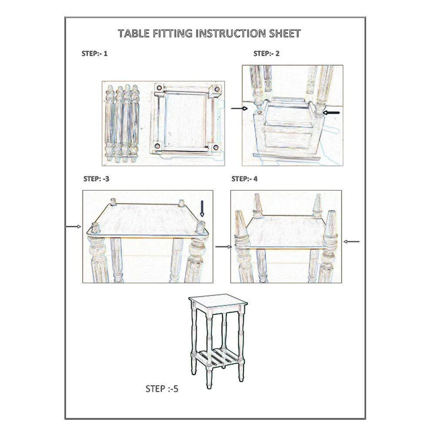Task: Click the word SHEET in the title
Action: (x=285, y=33)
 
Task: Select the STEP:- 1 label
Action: (x=94, y=54)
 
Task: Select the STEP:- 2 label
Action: (x=266, y=54)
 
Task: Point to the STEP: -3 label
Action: (x=96, y=179)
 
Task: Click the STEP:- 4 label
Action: (x=244, y=179)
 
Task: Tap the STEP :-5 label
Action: (x=162, y=389)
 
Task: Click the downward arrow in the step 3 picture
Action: (x=202, y=209)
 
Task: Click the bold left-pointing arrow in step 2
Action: (x=331, y=113)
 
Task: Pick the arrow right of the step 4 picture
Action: (x=351, y=241)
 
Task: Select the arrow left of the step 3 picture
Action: (x=73, y=227)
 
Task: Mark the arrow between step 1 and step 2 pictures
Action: (x=239, y=108)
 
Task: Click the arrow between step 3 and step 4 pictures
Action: (x=223, y=247)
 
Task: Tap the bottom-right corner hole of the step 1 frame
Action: (x=216, y=147)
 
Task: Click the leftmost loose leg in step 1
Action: (x=110, y=123)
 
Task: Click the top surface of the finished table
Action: (x=218, y=301)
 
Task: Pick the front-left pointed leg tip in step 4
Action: (x=238, y=213)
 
